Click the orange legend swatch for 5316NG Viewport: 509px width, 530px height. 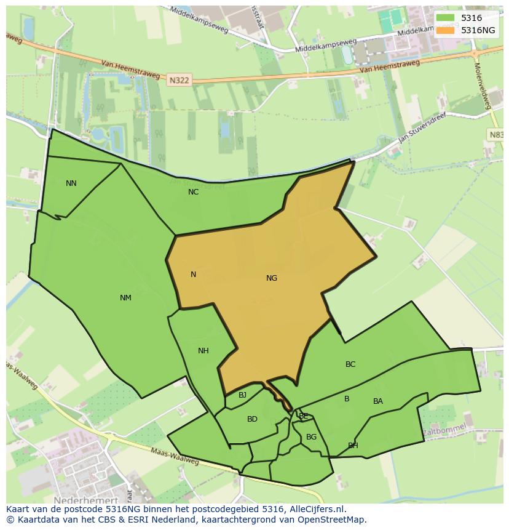click(446, 30)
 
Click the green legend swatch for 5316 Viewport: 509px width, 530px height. click(446, 18)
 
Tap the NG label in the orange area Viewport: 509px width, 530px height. click(272, 278)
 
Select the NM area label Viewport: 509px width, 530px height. click(125, 298)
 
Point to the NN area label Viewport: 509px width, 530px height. click(71, 183)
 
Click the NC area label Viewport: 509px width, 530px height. click(193, 192)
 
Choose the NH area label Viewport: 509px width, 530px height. click(203, 351)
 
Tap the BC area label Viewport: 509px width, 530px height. click(350, 364)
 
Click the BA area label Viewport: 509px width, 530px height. click(378, 401)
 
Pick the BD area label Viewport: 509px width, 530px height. click(252, 419)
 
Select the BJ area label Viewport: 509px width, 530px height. click(242, 395)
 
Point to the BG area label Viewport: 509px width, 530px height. click(311, 437)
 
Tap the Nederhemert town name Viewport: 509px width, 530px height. click(85, 501)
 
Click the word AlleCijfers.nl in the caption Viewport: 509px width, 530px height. click(314, 509)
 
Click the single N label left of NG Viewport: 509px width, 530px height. click(193, 275)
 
